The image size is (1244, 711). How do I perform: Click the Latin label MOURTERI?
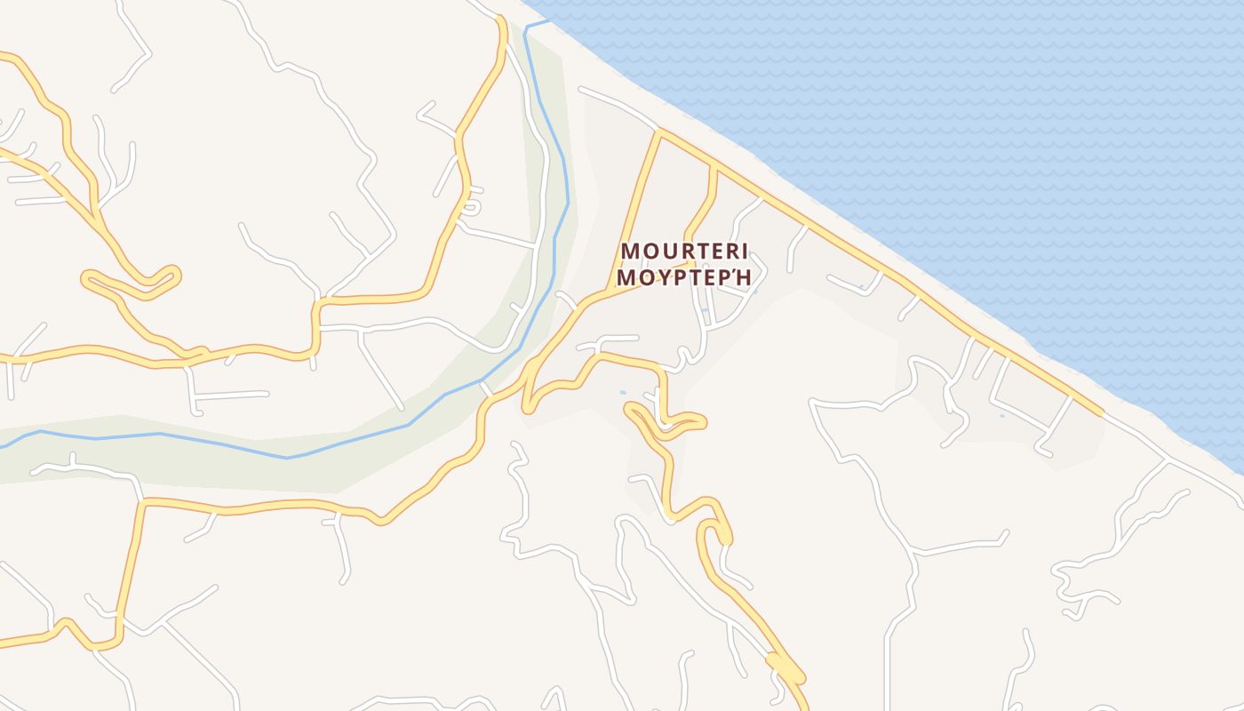[x=684, y=251]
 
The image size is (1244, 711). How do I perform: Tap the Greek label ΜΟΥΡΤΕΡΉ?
[x=684, y=277]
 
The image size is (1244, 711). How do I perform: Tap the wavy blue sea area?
[x=977, y=133]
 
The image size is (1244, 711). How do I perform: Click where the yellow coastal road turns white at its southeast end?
[x=1102, y=414]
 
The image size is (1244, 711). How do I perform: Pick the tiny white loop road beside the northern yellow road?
[x=472, y=205]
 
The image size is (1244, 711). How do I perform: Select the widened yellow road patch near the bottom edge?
[x=785, y=668]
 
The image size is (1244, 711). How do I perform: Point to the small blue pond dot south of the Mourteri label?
[x=622, y=392]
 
